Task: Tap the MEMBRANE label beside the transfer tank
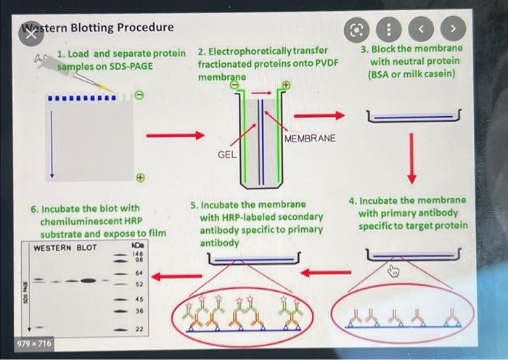point(310,139)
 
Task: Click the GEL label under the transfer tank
point(226,155)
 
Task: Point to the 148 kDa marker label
point(136,254)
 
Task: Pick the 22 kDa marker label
point(137,330)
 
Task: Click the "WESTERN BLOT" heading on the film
point(65,247)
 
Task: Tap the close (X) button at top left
point(30,36)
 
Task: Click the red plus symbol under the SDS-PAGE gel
point(141,177)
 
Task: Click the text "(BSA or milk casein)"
point(412,74)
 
